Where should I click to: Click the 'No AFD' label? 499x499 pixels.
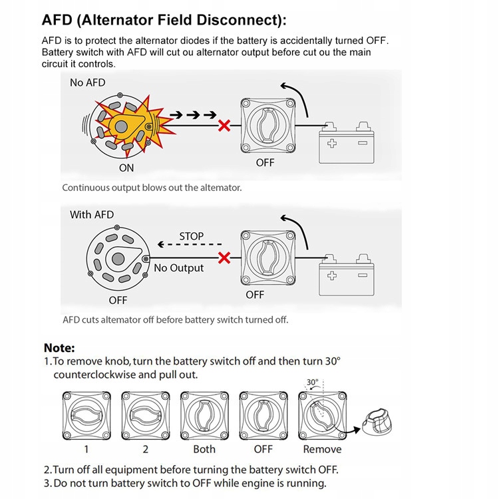click(88, 83)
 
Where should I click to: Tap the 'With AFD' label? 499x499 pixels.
click(92, 214)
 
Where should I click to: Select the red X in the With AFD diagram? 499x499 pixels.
click(225, 257)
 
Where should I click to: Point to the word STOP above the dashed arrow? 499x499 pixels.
click(192, 236)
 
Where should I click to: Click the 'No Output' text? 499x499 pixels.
click(179, 268)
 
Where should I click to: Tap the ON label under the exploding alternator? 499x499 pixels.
click(126, 168)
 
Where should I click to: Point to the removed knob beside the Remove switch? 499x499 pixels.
click(383, 423)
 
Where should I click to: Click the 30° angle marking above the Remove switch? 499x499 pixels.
click(313, 383)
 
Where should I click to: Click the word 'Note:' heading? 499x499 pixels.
click(59, 347)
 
